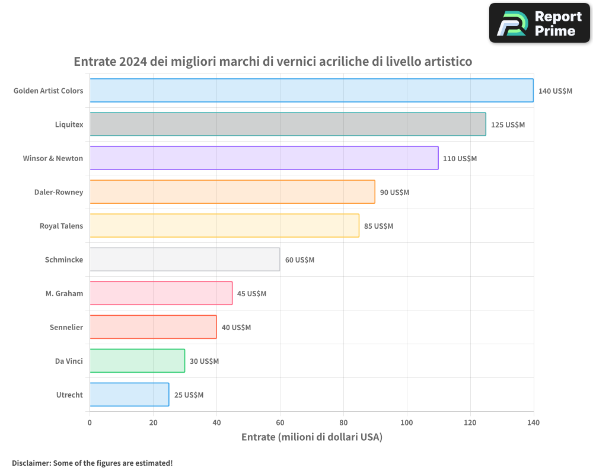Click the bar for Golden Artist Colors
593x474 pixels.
(x=311, y=91)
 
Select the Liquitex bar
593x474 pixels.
(x=288, y=124)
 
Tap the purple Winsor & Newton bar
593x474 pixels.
(x=264, y=158)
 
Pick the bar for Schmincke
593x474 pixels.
(x=184, y=260)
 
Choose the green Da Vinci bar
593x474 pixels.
(x=137, y=361)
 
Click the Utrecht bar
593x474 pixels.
(x=129, y=395)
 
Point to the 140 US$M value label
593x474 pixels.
(x=555, y=91)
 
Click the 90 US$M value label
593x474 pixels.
(x=394, y=193)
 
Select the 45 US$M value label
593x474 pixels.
(x=251, y=294)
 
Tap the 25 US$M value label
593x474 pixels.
(x=189, y=395)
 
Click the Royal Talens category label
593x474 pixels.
(x=61, y=226)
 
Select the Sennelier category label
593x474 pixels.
(x=66, y=327)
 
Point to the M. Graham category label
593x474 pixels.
(x=64, y=293)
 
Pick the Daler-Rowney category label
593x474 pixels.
(x=59, y=192)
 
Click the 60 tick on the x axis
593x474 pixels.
(x=280, y=422)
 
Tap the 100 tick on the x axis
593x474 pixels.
(x=407, y=422)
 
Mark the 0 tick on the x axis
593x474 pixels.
(x=90, y=422)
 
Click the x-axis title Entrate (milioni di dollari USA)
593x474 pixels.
(x=311, y=437)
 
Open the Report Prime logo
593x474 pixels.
(x=539, y=23)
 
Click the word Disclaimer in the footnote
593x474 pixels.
(x=30, y=463)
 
